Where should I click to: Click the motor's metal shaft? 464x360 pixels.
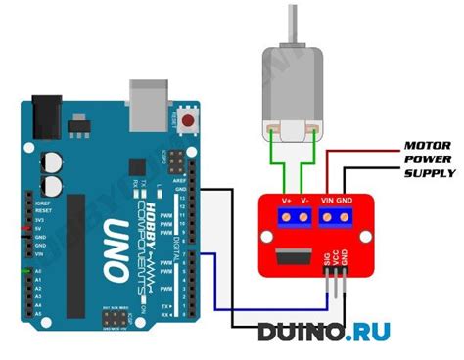pyautogui.click(x=291, y=23)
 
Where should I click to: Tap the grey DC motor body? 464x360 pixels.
pyautogui.click(x=291, y=93)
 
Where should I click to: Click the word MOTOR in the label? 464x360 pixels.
pyautogui.click(x=428, y=146)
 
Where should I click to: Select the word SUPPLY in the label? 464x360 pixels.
pyautogui.click(x=430, y=173)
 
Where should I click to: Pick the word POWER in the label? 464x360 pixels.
pyautogui.click(x=428, y=159)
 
